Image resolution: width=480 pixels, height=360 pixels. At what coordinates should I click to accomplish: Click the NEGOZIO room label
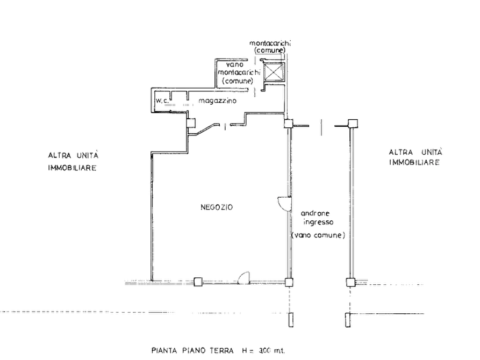point(217,207)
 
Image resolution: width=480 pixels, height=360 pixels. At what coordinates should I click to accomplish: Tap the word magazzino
point(217,100)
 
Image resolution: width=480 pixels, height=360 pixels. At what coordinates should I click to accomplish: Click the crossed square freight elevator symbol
point(274,72)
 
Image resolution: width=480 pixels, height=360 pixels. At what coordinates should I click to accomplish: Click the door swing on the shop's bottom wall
point(244,277)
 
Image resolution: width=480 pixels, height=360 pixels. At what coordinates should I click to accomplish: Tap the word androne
point(315,213)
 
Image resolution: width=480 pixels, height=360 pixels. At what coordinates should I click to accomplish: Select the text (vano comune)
point(318,235)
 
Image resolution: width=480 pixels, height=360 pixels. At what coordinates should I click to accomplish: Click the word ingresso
point(318,222)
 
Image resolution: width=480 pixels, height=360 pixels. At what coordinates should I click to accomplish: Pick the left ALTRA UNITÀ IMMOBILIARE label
point(73,162)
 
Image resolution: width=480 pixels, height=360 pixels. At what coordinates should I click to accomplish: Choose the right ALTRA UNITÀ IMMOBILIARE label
point(415,157)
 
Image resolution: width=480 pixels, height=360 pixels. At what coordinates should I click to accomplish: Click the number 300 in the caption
point(265,350)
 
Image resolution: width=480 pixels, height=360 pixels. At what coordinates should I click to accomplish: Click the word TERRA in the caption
point(222,350)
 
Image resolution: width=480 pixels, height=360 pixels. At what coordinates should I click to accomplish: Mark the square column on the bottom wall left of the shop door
point(198,282)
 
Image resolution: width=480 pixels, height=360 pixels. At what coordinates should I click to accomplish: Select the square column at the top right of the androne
point(353,124)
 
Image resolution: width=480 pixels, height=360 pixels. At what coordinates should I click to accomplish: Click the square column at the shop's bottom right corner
point(289,282)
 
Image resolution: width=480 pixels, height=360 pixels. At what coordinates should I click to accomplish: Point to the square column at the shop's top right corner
point(288,124)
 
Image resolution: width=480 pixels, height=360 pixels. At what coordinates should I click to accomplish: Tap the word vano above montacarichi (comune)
point(235,64)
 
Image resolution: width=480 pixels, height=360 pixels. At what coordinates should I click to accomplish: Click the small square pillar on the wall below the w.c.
point(191,124)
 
